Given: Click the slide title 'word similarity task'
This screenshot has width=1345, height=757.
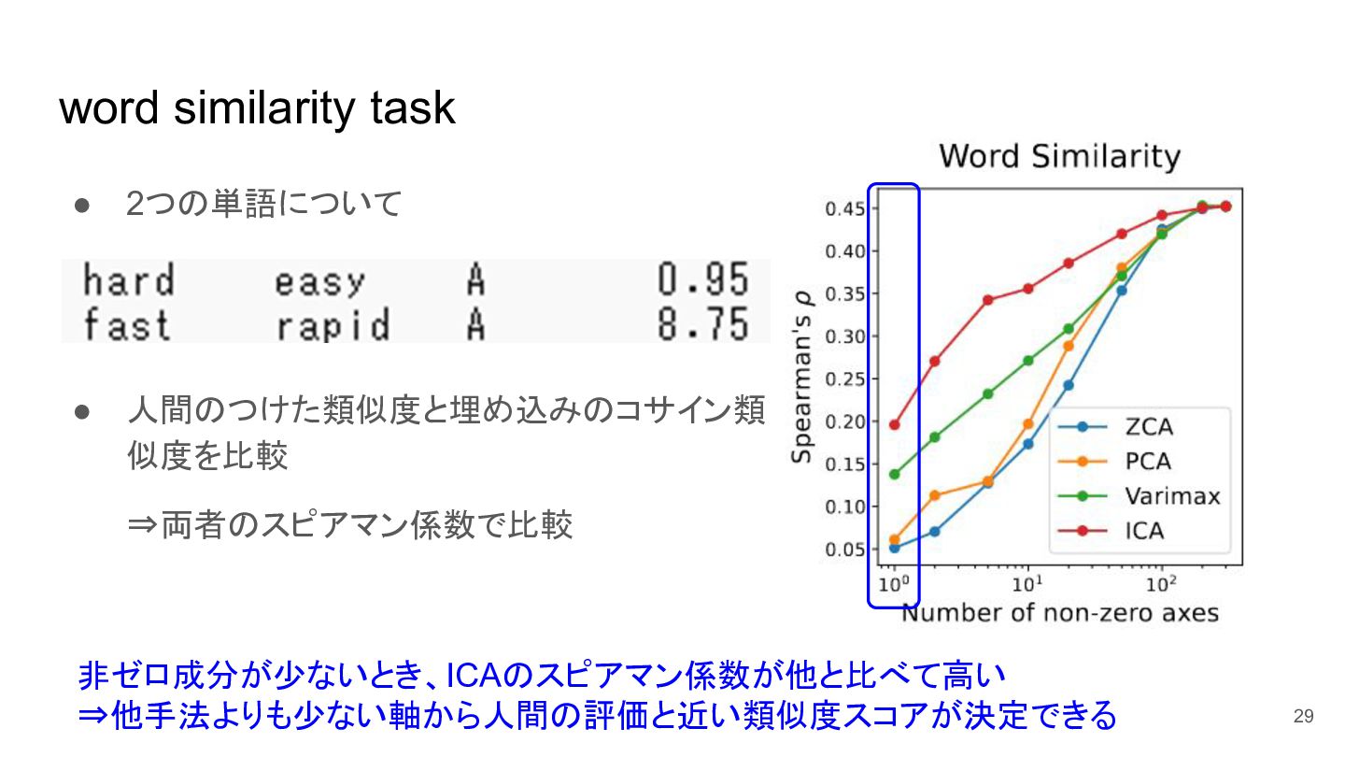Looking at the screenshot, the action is pos(257,108).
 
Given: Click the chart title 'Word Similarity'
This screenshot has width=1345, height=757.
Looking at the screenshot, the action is pos(1060,157).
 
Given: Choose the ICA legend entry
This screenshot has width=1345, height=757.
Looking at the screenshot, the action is pos(1111,531).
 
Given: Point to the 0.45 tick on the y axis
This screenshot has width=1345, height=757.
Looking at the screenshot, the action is pos(844,209).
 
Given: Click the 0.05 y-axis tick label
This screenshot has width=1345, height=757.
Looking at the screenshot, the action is pos(844,550).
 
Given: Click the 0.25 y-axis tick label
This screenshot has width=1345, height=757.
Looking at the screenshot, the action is pos(844,379).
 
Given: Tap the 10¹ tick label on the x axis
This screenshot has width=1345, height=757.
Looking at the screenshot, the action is pos(1027,583).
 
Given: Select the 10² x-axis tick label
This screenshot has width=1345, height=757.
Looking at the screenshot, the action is pos(1161,583).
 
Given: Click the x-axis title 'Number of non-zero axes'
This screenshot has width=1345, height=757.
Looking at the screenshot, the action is pos(1060,613).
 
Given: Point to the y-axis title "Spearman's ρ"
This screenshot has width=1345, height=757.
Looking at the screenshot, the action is pos(801,378).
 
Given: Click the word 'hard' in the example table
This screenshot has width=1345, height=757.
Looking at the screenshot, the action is pos(129,279).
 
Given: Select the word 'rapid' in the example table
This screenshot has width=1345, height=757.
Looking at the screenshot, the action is pos(333,325).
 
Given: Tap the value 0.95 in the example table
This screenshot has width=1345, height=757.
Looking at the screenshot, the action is pos(703,279).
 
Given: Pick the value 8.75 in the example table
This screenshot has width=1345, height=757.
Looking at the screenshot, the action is pos(703,324).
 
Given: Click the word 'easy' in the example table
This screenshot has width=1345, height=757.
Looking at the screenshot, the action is pos(320,282).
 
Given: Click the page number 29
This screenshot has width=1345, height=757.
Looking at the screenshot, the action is pos(1304,716).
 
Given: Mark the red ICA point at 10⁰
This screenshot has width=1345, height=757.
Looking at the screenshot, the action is pos(894,424).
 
